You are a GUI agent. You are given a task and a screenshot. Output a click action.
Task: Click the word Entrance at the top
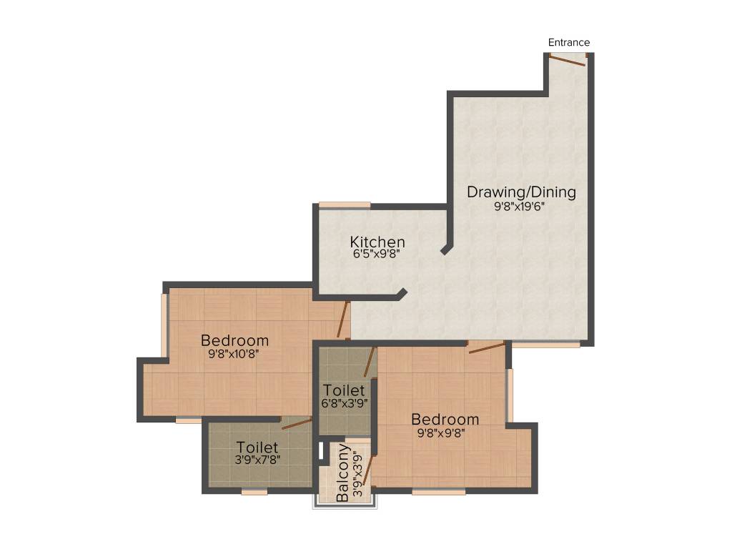click(569, 43)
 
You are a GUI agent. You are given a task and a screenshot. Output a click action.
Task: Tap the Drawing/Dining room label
click(521, 192)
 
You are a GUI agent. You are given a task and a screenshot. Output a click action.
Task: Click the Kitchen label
click(377, 242)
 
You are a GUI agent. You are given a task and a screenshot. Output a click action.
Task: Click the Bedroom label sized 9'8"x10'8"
click(234, 340)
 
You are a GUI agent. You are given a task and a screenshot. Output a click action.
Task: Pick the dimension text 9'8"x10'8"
click(234, 353)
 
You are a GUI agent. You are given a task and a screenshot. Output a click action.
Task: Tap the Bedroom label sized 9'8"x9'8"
click(445, 419)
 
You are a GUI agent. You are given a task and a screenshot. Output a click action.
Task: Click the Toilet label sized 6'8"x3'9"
click(344, 391)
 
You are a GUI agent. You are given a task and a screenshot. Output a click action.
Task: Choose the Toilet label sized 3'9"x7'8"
click(257, 447)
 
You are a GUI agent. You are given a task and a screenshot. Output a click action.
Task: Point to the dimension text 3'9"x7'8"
click(257, 460)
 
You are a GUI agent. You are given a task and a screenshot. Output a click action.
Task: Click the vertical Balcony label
click(344, 473)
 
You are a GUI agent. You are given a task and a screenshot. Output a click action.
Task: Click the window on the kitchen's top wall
click(345, 206)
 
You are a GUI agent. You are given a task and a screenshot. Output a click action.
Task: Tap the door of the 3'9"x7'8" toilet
click(296, 424)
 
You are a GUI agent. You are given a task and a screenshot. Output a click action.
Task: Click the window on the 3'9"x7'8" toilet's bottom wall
click(254, 492)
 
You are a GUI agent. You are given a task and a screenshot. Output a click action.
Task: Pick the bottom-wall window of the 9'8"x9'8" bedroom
click(438, 492)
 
